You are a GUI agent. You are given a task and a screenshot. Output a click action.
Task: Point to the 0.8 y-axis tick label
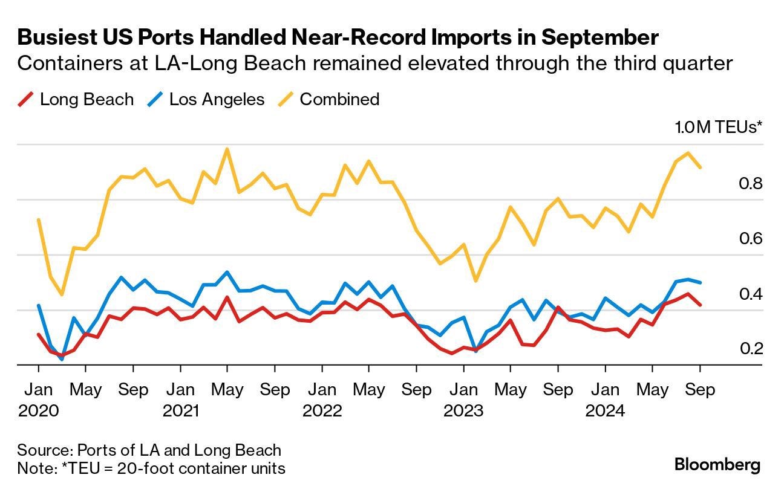tap(750, 183)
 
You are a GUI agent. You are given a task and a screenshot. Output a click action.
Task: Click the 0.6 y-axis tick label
tap(750, 239)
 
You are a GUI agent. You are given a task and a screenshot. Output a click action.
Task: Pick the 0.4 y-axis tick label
tap(750, 294)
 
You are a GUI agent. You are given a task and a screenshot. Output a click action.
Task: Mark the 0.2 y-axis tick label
tap(750, 349)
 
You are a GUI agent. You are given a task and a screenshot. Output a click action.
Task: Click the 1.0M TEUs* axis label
tap(719, 128)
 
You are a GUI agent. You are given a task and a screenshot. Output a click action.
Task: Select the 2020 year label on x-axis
tap(39, 411)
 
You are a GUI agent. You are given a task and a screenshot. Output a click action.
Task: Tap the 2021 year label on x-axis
tap(181, 411)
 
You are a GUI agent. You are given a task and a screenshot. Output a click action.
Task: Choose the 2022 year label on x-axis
tap(322, 411)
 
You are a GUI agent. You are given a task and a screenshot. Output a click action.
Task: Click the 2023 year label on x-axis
tap(464, 411)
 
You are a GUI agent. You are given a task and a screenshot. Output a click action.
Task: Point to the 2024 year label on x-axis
tap(606, 411)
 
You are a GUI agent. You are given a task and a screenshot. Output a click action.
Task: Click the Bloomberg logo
tap(717, 465)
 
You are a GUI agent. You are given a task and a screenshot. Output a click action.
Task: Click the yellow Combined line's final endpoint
tap(701, 167)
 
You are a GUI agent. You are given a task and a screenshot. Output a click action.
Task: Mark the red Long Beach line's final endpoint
tap(701, 305)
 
